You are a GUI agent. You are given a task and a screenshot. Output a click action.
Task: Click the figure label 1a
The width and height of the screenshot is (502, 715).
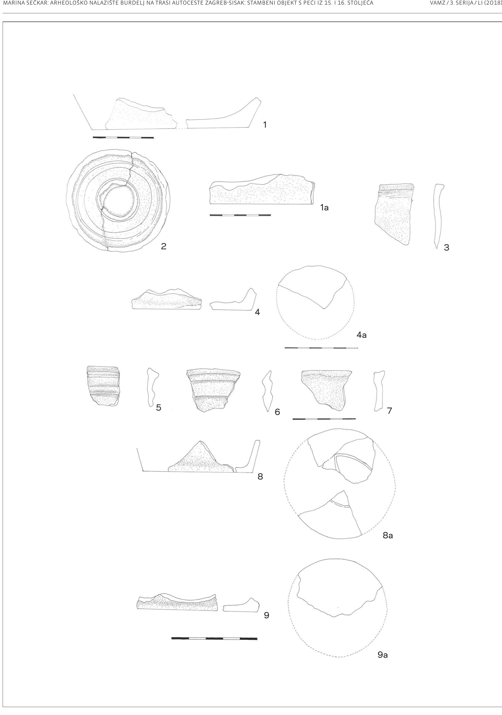coord(324,208)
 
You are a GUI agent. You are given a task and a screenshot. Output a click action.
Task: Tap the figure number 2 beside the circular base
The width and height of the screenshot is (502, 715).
coord(164,246)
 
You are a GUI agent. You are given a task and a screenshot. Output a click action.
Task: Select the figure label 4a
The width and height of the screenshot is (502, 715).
coord(361,335)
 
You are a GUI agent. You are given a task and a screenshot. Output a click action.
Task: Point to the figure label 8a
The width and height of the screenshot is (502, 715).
coord(388,535)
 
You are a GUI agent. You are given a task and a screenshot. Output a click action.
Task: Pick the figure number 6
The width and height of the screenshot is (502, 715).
coord(277,412)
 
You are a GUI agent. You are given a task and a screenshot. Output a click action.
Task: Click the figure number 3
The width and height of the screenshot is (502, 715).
coord(447,248)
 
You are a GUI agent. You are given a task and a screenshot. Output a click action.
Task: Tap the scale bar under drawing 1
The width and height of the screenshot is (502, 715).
coord(123,137)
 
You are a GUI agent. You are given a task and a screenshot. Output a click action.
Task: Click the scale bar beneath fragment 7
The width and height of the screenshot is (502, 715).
coord(324,419)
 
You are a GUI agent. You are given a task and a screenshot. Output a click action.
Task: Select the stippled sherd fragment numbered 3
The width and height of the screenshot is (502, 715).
coord(393,214)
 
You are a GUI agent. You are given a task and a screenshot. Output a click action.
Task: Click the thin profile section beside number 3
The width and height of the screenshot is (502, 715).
coord(438,216)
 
